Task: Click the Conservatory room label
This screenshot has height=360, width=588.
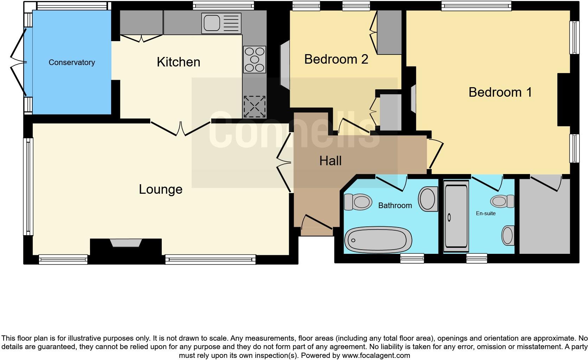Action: point(72,62)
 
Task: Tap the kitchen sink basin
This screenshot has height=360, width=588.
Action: point(211,23)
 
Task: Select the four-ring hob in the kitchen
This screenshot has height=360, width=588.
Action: point(255,59)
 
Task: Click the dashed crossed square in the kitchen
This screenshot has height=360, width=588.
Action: point(254,106)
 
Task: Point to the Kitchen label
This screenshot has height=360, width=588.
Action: point(178,62)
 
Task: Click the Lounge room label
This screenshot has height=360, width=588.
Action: point(160,189)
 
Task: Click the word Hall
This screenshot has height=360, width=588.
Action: point(330,161)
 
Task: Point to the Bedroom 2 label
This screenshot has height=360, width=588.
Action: point(336,59)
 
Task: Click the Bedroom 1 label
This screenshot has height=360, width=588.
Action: point(500,92)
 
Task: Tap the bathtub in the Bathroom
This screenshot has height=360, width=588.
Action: point(378,240)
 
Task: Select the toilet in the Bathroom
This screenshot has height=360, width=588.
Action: point(358,202)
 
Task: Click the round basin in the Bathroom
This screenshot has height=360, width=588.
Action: point(428,199)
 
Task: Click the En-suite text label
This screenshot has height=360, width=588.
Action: point(486,213)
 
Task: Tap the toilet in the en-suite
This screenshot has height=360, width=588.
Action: point(502,201)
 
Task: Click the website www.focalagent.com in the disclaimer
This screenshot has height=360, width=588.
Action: point(376,355)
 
